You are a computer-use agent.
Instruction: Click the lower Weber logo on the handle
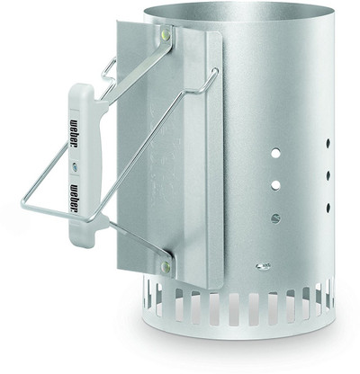coord(73,199)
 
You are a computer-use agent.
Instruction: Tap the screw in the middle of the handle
coord(75,166)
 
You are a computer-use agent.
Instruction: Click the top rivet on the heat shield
coord(166,34)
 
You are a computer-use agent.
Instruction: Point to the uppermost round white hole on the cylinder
coord(275,154)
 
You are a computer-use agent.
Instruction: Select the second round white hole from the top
coord(275,185)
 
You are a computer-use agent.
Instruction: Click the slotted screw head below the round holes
coord(274,218)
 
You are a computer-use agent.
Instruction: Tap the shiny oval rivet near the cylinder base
coord(263,266)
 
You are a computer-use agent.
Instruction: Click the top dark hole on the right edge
coord(328,143)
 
